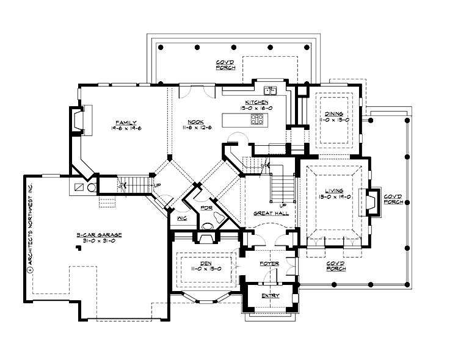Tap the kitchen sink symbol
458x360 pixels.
269,91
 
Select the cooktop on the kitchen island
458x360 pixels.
257,120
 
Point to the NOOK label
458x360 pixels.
195,121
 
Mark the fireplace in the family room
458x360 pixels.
79,120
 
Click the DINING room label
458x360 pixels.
334,114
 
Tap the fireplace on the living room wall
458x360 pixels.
370,202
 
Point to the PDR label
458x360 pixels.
206,209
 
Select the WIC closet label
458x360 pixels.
181,218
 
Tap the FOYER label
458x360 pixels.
269,264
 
